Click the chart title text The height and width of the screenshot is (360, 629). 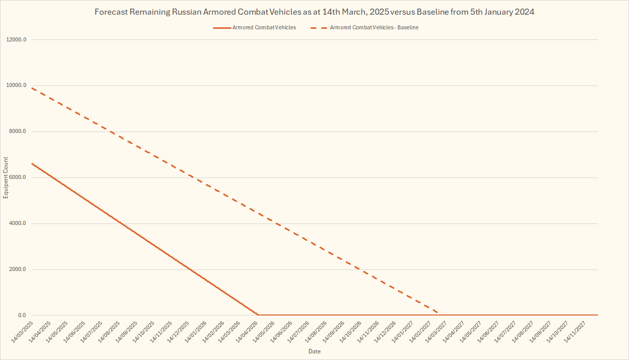click(314, 12)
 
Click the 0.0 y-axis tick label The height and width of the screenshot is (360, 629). click(22, 316)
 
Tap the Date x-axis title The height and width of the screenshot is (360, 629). click(314, 351)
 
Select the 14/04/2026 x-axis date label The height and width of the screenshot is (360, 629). click(247, 330)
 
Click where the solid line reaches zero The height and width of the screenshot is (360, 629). click(258, 315)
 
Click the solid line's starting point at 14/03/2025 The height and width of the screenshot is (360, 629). click(32, 163)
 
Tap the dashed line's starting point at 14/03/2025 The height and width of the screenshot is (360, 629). click(32, 88)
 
